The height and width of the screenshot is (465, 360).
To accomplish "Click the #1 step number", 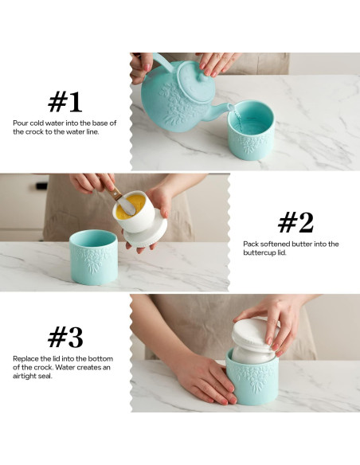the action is click(x=65, y=102).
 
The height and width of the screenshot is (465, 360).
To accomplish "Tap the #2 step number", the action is click(x=295, y=222).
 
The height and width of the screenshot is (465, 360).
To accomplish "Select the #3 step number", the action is click(x=65, y=337).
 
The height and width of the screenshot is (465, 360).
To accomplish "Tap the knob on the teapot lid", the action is click(x=203, y=77).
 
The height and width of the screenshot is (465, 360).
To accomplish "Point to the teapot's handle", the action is click(x=162, y=61).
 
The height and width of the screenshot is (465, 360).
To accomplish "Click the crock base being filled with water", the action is click(x=251, y=131).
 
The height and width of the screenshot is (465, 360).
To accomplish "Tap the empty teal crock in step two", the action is click(x=94, y=257).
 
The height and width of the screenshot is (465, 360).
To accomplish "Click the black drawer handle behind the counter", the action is click(x=41, y=186).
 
